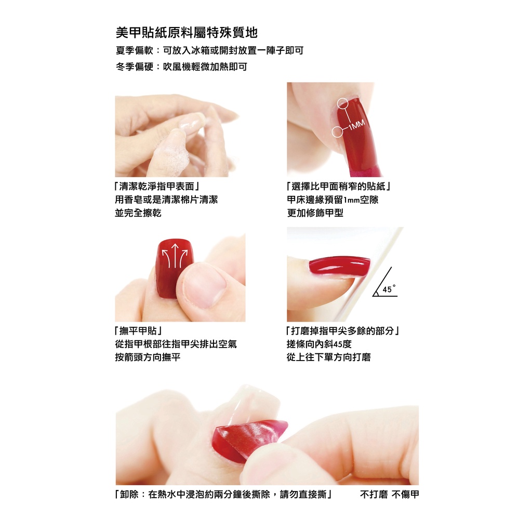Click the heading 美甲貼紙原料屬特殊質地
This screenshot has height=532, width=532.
(x=187, y=33)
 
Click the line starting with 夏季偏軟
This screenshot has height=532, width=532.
(x=209, y=50)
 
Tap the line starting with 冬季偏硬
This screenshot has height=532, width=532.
(x=181, y=66)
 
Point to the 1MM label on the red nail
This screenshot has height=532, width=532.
(x=356, y=125)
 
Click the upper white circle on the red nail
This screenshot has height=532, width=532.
(x=343, y=103)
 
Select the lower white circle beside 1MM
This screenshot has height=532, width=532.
(x=337, y=131)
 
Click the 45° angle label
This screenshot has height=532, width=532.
(x=389, y=289)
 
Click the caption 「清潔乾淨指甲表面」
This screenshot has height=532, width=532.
(x=157, y=187)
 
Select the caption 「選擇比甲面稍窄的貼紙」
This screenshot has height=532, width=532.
(x=339, y=187)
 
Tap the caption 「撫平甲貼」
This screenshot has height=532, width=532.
(x=138, y=330)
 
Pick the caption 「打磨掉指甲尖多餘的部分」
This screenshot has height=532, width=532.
(x=343, y=330)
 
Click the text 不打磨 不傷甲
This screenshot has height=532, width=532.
(x=389, y=495)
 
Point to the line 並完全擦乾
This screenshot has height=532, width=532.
(x=138, y=212)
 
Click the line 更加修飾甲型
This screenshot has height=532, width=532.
(x=315, y=212)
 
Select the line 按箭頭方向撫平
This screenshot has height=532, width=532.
(x=147, y=357)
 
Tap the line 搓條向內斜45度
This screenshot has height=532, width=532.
(x=319, y=344)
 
